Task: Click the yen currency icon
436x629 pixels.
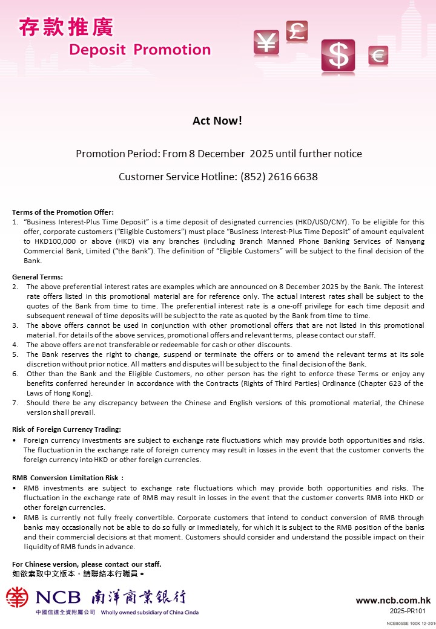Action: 266,42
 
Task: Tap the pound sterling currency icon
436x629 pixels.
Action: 297,31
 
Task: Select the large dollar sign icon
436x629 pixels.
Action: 338,56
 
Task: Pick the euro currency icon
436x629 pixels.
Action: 378,56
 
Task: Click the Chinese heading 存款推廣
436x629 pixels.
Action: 65,27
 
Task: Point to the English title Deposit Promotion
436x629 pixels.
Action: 140,50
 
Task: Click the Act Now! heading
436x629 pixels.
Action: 217,120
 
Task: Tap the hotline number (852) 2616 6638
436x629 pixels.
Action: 279,177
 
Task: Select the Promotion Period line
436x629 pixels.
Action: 219,154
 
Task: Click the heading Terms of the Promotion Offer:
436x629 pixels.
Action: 63,212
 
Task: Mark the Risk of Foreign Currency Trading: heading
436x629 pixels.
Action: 67,429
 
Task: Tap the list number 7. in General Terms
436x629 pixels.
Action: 15,403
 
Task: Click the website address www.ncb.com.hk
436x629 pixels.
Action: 393,601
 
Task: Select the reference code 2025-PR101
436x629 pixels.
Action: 411,611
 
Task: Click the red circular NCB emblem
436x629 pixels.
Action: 18,598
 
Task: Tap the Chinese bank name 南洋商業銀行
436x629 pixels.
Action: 139,598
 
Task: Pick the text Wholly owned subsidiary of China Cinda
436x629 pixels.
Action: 150,612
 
